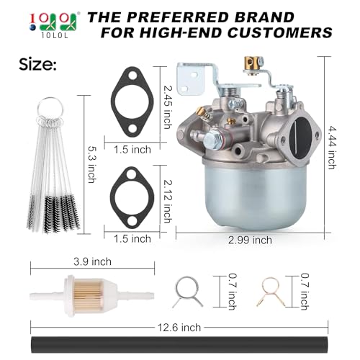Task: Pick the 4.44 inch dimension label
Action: click(332, 148)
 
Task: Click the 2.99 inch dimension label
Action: click(251, 240)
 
